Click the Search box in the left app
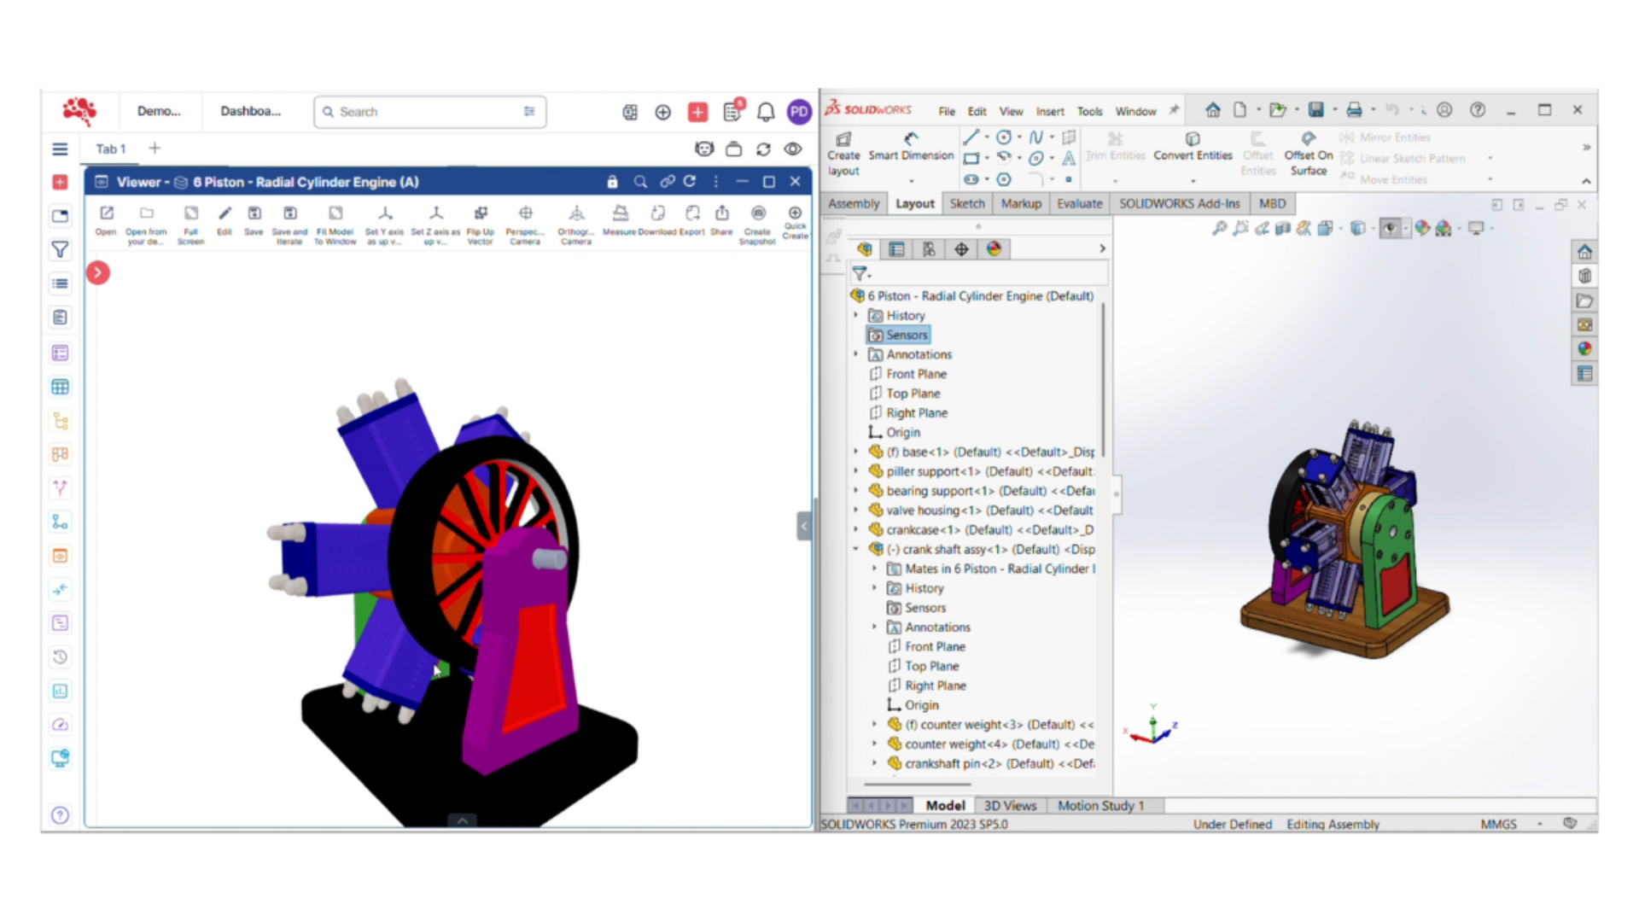(429, 112)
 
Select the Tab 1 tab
(110, 149)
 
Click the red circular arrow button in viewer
(98, 272)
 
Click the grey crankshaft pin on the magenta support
(549, 559)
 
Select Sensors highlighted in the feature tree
(906, 335)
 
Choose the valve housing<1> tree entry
(922, 511)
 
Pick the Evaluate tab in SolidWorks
(1079, 203)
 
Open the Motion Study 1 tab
(1099, 805)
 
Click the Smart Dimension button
(911, 147)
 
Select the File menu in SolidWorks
(947, 111)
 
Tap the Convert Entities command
(1193, 147)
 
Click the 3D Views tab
(1010, 805)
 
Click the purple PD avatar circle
(799, 112)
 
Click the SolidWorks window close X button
(1578, 110)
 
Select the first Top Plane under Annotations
(913, 394)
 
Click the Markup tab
(1021, 203)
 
